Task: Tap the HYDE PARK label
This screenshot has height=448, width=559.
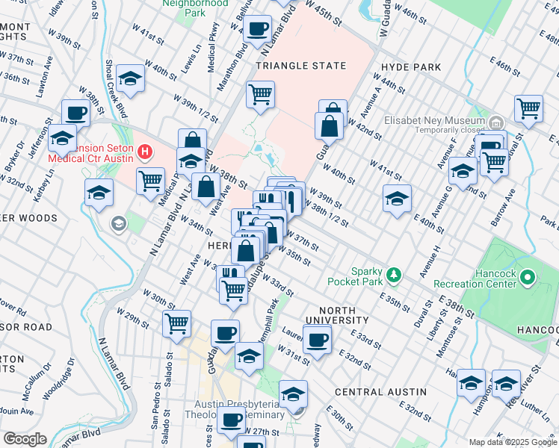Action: (411, 67)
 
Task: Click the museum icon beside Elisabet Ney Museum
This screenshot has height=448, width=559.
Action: (495, 121)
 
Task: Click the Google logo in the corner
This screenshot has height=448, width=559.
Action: (25, 439)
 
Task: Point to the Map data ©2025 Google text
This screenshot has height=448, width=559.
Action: (513, 442)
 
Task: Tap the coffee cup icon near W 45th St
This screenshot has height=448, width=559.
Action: (258, 30)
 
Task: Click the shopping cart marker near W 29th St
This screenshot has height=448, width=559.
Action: (177, 324)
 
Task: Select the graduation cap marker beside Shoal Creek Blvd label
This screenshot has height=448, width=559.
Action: (131, 80)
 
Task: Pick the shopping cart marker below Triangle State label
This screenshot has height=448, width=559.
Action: (260, 95)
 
